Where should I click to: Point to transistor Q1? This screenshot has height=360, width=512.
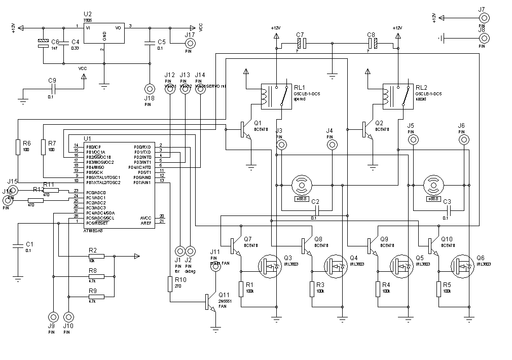point(245,130)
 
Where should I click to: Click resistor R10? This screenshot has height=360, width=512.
point(170,284)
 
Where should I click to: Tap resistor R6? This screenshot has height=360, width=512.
point(18,147)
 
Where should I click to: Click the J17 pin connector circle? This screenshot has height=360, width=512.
point(190,43)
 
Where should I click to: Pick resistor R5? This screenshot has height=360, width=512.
point(438,289)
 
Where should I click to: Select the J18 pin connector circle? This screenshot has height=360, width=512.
point(149,88)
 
